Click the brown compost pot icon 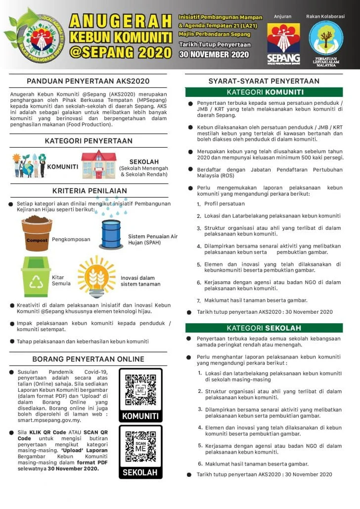[x=37, y=233]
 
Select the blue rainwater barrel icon [x=111, y=234]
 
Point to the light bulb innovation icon [x=96, y=277]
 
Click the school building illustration [x=99, y=164]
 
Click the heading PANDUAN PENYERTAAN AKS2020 [x=88, y=81]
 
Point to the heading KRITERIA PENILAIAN [x=90, y=191]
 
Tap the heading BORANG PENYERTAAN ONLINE [x=89, y=359]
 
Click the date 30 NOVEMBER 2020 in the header [x=214, y=54]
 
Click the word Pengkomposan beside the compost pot [x=71, y=239]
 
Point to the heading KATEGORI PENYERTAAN [x=89, y=141]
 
